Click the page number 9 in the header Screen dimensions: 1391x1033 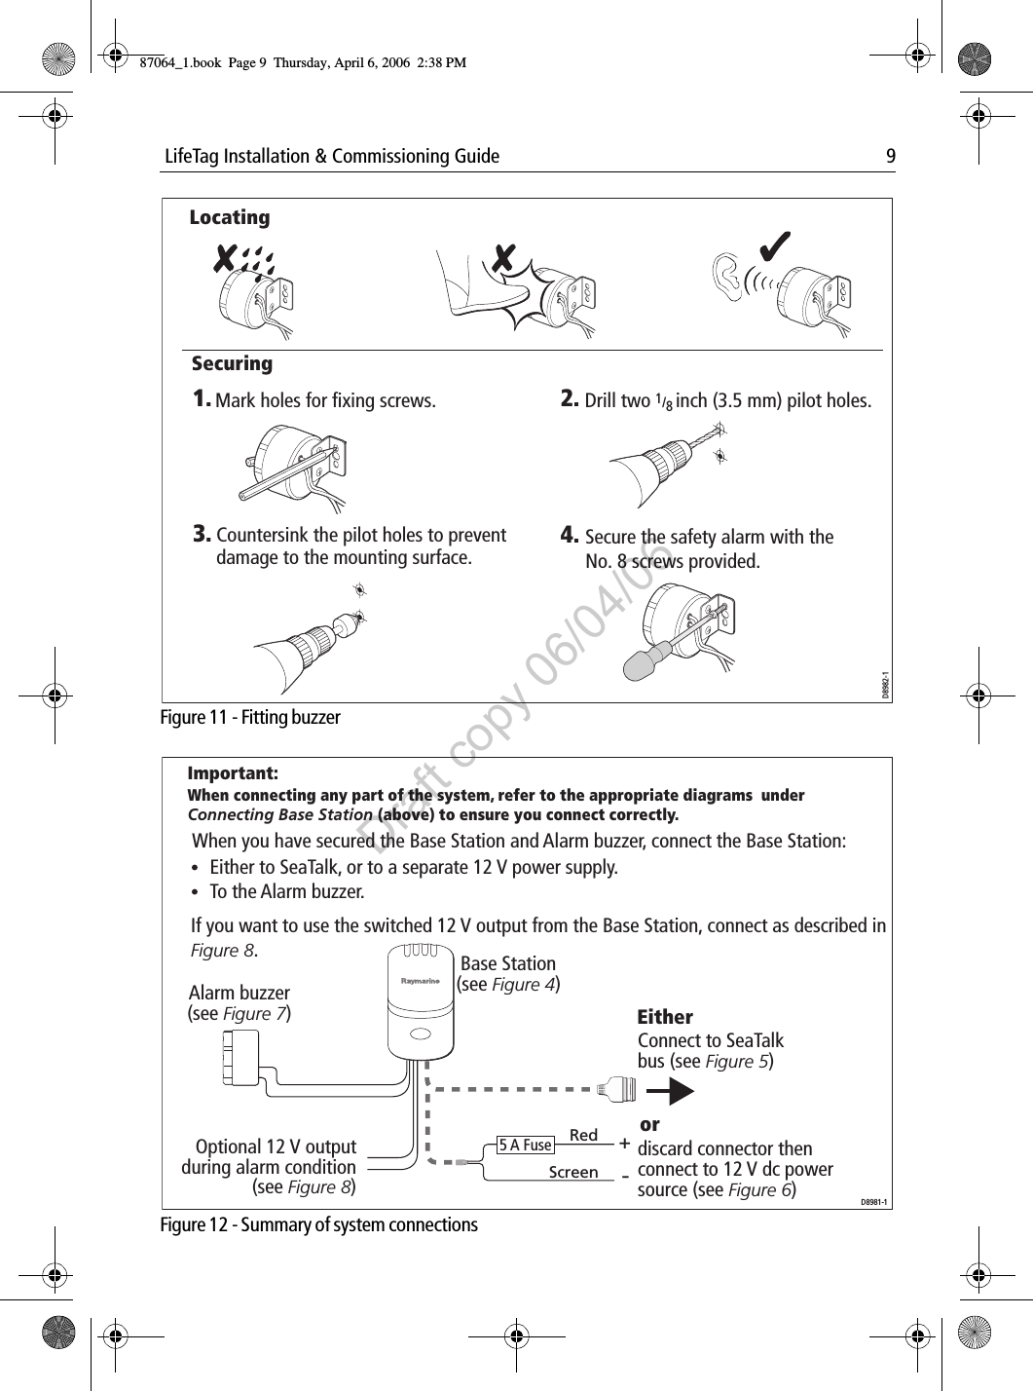(x=890, y=157)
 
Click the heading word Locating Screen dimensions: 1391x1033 (x=230, y=217)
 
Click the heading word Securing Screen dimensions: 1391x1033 (x=232, y=363)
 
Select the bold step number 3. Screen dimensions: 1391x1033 (x=202, y=534)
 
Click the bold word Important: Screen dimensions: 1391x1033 (x=233, y=773)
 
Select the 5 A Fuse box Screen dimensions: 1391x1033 (x=525, y=1146)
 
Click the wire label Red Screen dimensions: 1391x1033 (x=583, y=1136)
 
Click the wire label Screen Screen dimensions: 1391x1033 (x=573, y=1173)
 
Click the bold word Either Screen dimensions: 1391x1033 (x=665, y=1017)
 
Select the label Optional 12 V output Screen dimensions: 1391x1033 (x=276, y=1147)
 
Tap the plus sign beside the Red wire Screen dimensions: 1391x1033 (x=623, y=1142)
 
